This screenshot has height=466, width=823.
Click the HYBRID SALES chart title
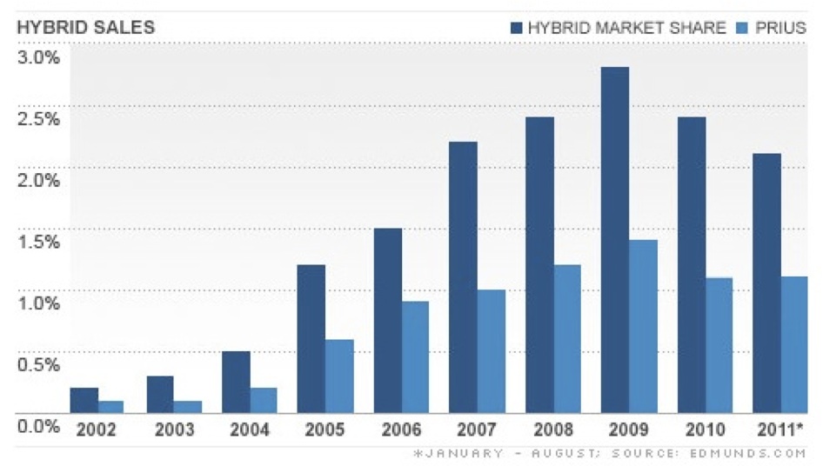85,27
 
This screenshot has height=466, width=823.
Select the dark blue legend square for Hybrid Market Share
516,27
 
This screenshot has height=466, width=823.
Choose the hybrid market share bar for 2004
235,382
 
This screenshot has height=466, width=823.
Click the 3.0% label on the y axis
39,57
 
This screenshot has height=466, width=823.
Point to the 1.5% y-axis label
39,242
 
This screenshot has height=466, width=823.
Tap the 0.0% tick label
39,426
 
